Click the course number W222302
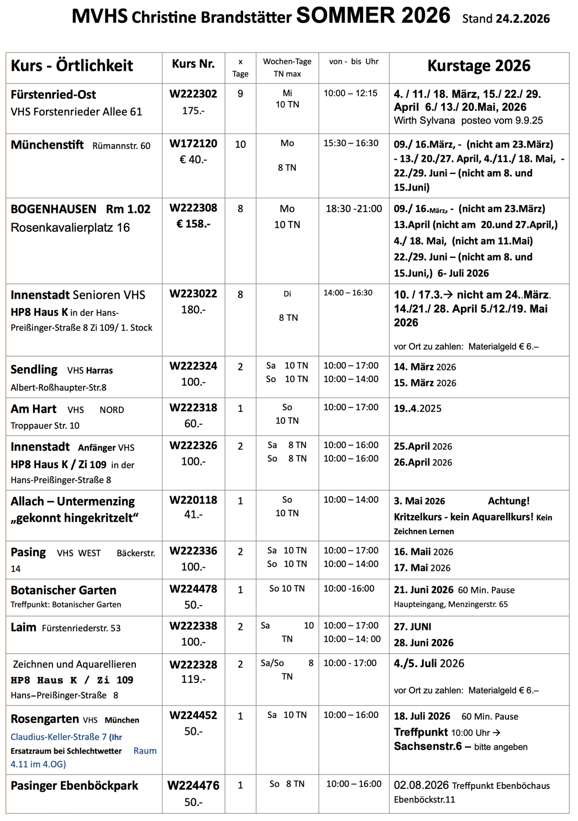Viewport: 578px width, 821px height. (x=193, y=94)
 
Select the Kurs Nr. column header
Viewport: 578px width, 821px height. (x=193, y=64)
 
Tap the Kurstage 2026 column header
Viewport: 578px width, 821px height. (x=479, y=66)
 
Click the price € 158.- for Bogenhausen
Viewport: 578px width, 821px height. (x=193, y=224)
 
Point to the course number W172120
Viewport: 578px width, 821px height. (x=193, y=144)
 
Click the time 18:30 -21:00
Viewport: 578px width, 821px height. (x=354, y=209)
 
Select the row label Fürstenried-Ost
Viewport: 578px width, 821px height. (x=53, y=94)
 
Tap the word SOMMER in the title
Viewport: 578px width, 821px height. (x=346, y=15)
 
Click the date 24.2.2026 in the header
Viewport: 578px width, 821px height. (x=522, y=19)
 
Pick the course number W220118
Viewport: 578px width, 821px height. (x=193, y=500)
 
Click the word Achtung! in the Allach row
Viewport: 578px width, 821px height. (x=508, y=501)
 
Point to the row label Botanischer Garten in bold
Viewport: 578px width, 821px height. (x=64, y=590)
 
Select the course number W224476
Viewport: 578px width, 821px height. (x=193, y=785)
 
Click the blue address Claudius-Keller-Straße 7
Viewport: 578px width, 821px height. (x=59, y=737)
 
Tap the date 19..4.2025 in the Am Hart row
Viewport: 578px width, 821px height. (x=417, y=409)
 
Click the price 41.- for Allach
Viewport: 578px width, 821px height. (x=193, y=515)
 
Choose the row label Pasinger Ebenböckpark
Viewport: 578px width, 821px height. (x=74, y=786)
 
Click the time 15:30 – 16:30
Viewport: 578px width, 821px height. (x=351, y=144)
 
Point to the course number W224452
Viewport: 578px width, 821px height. (x=193, y=716)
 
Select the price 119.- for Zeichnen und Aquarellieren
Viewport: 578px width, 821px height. (x=193, y=679)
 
